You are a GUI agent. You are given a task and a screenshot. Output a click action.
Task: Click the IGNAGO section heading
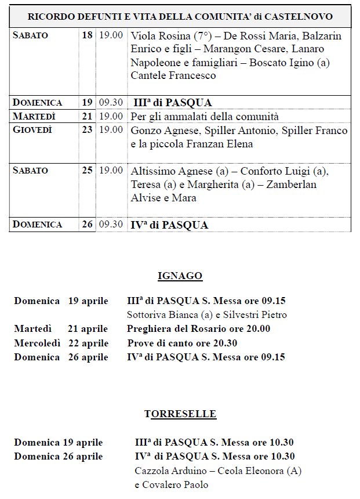(x=180, y=276)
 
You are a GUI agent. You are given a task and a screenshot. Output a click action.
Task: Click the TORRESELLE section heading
(x=180, y=414)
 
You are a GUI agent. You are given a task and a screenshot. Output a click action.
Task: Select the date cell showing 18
(x=87, y=35)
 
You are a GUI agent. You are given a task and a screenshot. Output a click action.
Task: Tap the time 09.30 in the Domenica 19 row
(x=111, y=103)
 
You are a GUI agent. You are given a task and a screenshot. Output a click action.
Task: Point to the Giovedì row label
(x=32, y=130)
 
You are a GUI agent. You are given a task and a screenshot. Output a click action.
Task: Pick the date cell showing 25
(x=87, y=170)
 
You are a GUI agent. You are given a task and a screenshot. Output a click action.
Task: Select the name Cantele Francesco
(x=173, y=75)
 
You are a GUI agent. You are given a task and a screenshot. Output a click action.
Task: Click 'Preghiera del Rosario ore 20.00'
(x=199, y=329)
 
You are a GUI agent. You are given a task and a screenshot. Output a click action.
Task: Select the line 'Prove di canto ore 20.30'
(x=182, y=343)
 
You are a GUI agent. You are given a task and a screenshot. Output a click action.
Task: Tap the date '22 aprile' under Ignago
(x=88, y=343)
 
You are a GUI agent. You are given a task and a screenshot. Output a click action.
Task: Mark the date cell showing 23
(x=87, y=130)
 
